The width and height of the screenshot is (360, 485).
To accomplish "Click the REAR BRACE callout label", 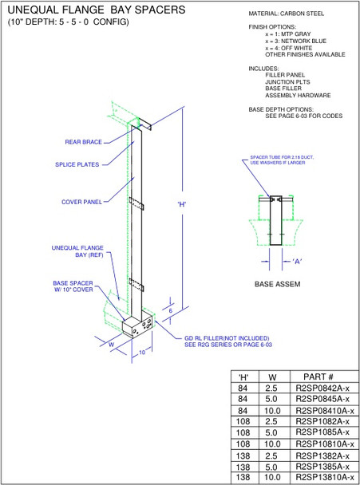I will (82, 142).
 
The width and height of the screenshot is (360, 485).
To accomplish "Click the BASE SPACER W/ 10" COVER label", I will (73, 286).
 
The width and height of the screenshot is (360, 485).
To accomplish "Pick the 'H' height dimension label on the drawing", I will (182, 203).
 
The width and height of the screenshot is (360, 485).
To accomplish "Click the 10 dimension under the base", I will (140, 352).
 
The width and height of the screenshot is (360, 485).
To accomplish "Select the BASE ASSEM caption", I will (276, 283).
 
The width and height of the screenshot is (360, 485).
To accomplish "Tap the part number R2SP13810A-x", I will (323, 476).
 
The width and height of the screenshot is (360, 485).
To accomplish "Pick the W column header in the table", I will (272, 376).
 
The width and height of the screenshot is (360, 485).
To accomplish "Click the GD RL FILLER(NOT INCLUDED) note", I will (227, 338).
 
